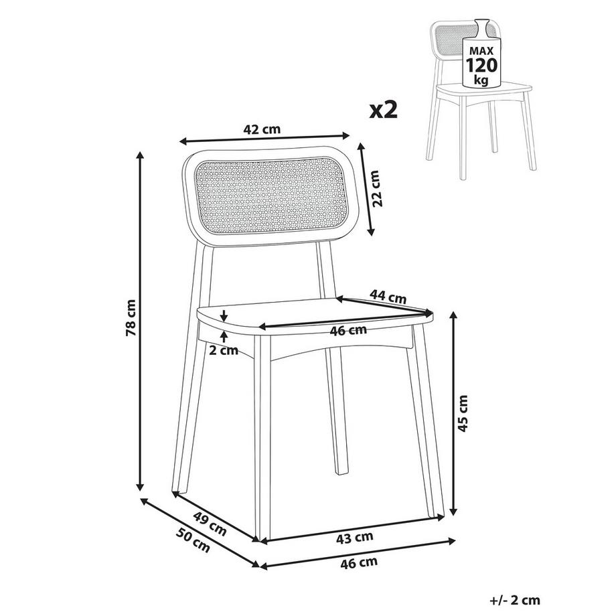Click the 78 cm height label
[x=131, y=317]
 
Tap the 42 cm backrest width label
[x=262, y=129]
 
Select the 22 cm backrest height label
[x=376, y=189]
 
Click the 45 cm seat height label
[x=463, y=414]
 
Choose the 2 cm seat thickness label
[x=224, y=350]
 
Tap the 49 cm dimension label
[x=210, y=524]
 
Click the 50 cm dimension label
[x=193, y=540]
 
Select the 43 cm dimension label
[x=355, y=538]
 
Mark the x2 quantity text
[x=384, y=110]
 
